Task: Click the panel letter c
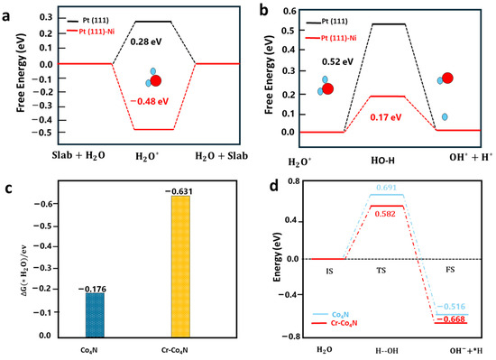(8, 189)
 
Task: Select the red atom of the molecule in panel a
(156, 81)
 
